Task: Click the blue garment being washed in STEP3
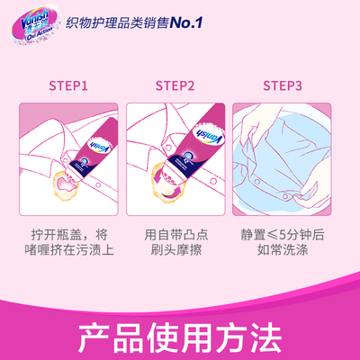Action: (x=283, y=166)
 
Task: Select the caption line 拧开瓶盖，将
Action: (x=69, y=234)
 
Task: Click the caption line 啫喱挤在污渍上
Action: (x=69, y=252)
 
